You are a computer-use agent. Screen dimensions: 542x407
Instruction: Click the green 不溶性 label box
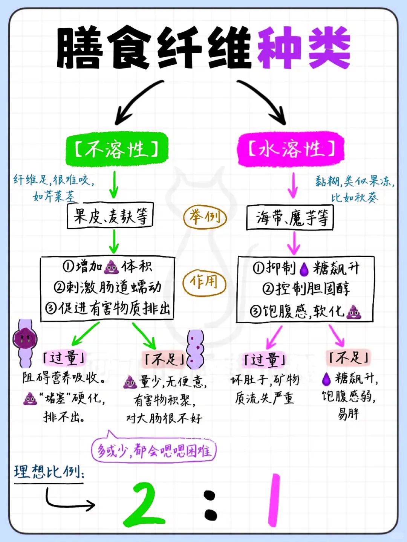pos(116,149)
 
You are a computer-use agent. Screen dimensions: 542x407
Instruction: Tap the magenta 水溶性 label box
pos(291,149)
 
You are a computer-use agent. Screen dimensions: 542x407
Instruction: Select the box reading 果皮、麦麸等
pos(110,216)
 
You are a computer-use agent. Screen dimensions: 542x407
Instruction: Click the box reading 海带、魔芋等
pos(290,218)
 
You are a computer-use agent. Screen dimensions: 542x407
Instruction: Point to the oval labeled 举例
pos(205,217)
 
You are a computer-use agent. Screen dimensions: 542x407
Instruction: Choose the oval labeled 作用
pos(204,282)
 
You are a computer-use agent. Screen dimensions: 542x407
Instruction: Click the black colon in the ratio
pos(210,505)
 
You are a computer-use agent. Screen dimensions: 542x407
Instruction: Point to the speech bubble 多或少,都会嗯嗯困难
pos(154,450)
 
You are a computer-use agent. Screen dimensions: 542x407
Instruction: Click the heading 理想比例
pos(49,472)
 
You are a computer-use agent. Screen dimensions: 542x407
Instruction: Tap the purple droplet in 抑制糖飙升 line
pos(304,269)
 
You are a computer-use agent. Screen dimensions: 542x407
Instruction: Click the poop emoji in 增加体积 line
pos(111,267)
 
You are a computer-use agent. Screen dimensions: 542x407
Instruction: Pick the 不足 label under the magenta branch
pos(348,357)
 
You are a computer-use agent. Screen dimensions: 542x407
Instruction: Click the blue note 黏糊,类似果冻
pos(354,182)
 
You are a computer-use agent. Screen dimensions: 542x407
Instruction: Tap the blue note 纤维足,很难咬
pos(54,180)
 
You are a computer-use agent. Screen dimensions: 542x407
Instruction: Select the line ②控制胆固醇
pos(306,289)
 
